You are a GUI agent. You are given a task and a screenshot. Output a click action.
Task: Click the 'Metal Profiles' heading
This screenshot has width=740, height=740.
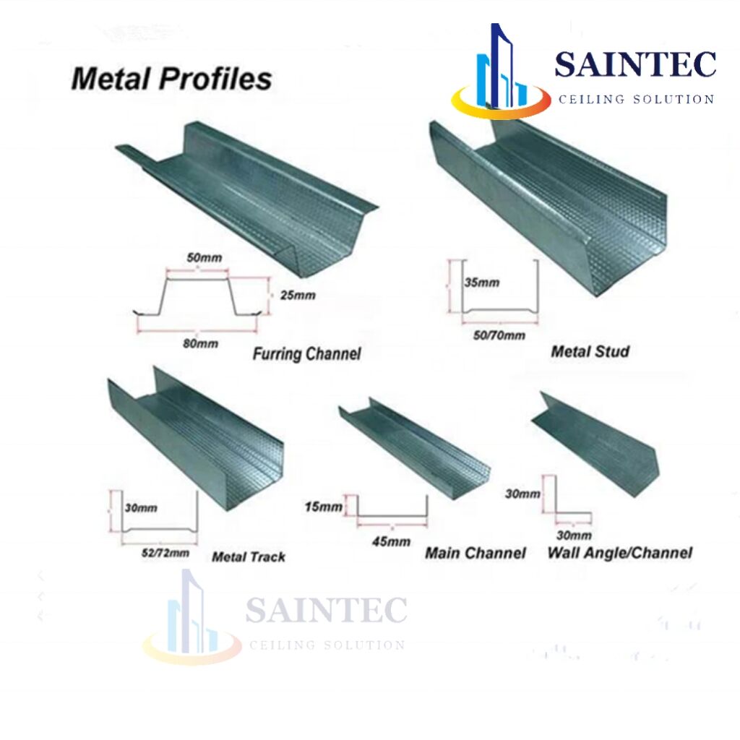(x=171, y=79)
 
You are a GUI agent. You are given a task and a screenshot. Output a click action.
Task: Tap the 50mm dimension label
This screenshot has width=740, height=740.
(x=205, y=258)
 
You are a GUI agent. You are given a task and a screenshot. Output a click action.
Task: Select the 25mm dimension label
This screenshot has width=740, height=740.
(x=298, y=296)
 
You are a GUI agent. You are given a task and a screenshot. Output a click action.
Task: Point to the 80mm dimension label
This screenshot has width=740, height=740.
(x=201, y=343)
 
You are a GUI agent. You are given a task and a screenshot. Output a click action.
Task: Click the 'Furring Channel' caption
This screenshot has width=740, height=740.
(x=306, y=353)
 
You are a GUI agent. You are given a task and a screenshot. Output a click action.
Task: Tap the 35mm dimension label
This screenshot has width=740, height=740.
(x=482, y=283)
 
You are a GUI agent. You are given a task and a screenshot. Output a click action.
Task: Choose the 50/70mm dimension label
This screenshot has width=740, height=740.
(x=499, y=335)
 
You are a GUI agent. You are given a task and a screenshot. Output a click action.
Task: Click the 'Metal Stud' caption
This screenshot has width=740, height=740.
(x=590, y=351)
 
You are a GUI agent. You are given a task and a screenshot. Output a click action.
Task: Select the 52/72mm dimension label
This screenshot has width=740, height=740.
(x=165, y=553)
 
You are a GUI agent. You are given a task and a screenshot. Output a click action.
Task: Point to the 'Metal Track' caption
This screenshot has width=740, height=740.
(x=249, y=557)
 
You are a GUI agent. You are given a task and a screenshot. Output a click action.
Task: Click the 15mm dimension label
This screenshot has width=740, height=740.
(x=324, y=507)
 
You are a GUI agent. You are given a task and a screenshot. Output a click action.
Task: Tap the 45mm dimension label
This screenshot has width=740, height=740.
(x=391, y=541)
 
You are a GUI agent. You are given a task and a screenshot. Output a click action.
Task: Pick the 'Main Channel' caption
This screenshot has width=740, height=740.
(x=476, y=553)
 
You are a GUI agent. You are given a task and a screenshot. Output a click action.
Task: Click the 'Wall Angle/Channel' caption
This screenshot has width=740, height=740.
(x=620, y=552)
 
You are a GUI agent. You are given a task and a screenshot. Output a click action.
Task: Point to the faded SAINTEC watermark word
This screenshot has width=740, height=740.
(x=326, y=610)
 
